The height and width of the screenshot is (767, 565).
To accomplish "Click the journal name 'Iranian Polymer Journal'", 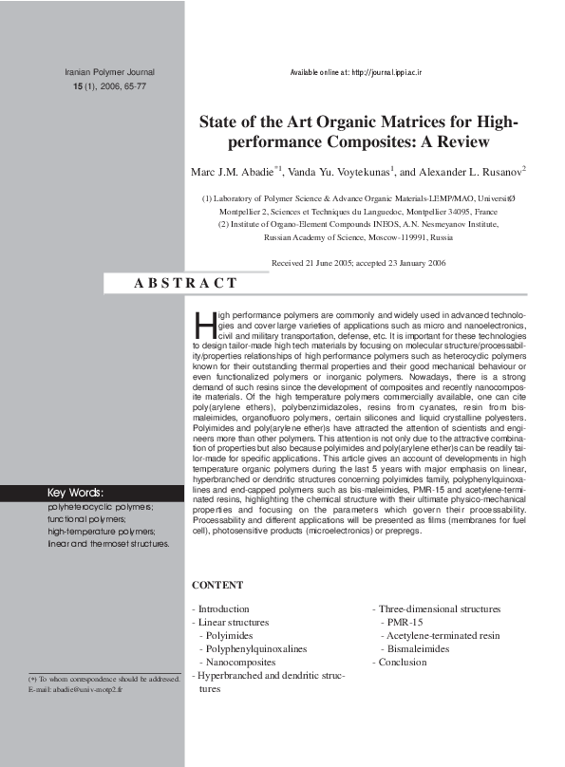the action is click(108, 72).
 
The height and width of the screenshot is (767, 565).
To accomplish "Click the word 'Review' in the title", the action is click(461, 143).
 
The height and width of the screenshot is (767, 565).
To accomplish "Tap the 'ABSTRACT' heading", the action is click(186, 283).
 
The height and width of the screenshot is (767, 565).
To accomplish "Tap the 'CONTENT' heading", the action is click(217, 586).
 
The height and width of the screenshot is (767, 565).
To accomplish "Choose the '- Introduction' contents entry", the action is click(221, 608).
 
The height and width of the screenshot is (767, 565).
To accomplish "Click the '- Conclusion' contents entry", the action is click(400, 662).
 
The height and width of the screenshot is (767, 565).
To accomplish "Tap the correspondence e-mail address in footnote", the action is click(83, 689).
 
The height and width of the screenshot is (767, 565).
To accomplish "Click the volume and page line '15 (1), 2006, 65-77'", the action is click(109, 86).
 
